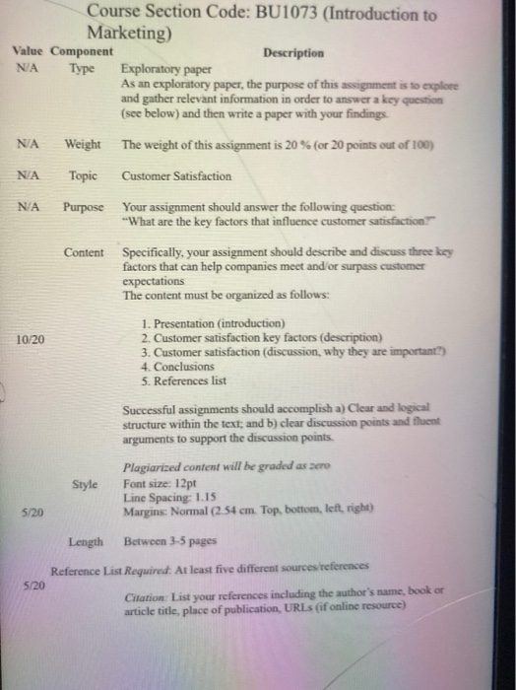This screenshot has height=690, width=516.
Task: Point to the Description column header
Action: pos(293,52)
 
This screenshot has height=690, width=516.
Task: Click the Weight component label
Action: pos(83,145)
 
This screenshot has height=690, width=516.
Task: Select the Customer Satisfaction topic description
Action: pos(177,176)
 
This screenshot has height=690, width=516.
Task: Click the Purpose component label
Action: pos(84,208)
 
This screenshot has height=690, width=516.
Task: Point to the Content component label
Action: pos(84,252)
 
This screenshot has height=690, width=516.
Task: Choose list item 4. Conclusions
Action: pos(177,366)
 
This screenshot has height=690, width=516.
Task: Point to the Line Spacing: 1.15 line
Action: pos(167,499)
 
